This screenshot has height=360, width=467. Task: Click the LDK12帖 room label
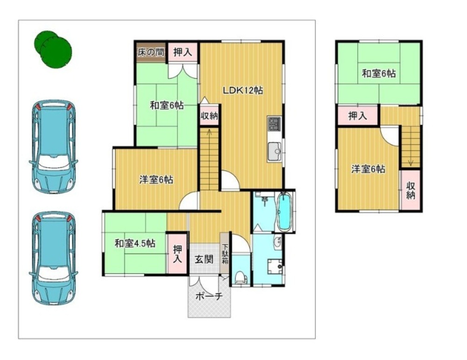pyautogui.click(x=243, y=90)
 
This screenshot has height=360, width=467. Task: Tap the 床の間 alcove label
pyautogui.click(x=151, y=53)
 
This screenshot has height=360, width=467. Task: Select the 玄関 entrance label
pyautogui.click(x=205, y=259)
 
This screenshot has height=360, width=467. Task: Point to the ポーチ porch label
pyautogui.click(x=209, y=296)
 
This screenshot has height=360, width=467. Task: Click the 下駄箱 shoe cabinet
pyautogui.click(x=225, y=254)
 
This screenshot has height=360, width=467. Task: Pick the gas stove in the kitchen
pyautogui.click(x=274, y=123)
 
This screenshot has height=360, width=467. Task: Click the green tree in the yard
pyautogui.click(x=53, y=49)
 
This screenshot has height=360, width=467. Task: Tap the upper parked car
pyautogui.click(x=54, y=147)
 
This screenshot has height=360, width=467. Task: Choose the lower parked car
pyautogui.click(x=54, y=259)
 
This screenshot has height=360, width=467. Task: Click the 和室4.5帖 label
pyautogui.click(x=135, y=243)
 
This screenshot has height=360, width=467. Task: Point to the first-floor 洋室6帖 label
pyautogui.click(x=156, y=180)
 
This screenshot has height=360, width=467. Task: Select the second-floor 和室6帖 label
pyautogui.click(x=379, y=73)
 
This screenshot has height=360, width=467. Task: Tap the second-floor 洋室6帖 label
pyautogui.click(x=368, y=169)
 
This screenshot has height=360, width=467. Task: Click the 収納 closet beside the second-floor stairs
pyautogui.click(x=410, y=190)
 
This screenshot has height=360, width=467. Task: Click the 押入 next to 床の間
pyautogui.click(x=183, y=53)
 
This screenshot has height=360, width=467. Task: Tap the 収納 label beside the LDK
pyautogui.click(x=209, y=115)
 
